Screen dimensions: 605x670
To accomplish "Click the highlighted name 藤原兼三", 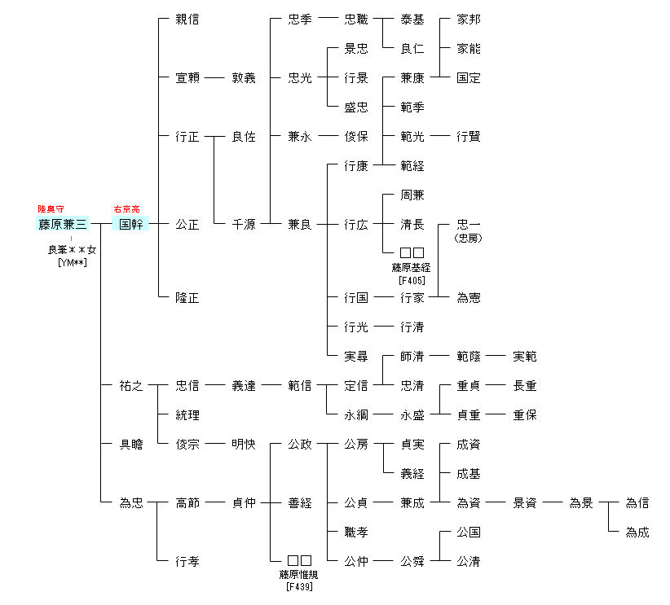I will click(x=62, y=224).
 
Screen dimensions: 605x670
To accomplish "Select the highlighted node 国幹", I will click(x=130, y=224).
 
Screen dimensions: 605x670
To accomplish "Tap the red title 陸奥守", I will click(x=51, y=209).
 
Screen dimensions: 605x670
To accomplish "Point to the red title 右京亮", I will click(x=126, y=209).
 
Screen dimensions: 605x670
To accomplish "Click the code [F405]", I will click(x=412, y=281).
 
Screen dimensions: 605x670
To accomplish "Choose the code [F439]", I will click(x=299, y=586).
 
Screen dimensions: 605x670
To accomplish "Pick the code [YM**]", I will click(x=73, y=261).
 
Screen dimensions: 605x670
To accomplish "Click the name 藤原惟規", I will click(x=299, y=575).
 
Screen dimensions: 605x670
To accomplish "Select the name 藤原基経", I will click(x=412, y=268).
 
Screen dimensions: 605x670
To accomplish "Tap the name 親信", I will click(x=187, y=20).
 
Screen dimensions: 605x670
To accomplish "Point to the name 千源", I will click(x=243, y=224).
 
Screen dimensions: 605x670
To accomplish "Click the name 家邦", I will click(x=468, y=20).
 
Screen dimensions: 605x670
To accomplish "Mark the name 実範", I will click(x=524, y=357).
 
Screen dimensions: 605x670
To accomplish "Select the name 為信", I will click(x=637, y=503).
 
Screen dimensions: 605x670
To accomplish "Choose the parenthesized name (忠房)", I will click(x=468, y=239).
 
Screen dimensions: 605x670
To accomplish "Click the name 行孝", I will click(x=187, y=562).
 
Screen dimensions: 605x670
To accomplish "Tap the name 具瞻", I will click(x=130, y=445).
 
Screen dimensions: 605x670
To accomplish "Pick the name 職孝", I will click(x=355, y=533).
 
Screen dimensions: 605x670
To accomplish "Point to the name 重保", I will click(x=524, y=415).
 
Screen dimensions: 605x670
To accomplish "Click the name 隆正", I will click(x=187, y=298).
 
